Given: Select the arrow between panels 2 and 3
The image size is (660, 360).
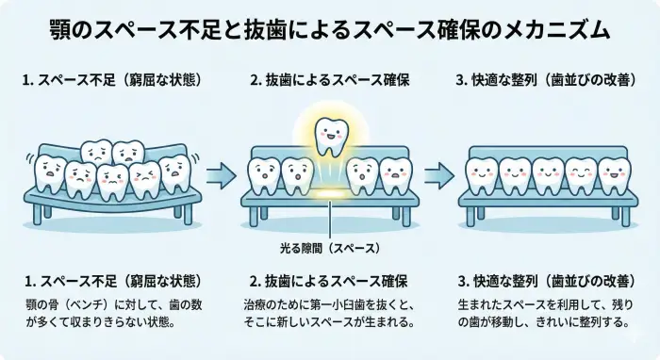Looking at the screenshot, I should [437, 174].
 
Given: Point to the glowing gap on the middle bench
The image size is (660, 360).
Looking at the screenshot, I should [328, 191].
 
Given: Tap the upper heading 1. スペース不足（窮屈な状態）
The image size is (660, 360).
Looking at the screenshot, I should [111, 80].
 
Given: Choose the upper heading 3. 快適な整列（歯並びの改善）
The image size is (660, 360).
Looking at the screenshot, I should [547, 80].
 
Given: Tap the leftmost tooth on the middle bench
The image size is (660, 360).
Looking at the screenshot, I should [262, 173].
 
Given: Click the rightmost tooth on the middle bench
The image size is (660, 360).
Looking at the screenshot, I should [395, 173].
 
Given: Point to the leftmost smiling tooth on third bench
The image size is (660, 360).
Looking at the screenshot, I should [481, 173].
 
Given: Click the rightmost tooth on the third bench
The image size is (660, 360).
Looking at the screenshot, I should [614, 173].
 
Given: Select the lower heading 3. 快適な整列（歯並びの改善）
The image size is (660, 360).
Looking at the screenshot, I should [547, 282].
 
